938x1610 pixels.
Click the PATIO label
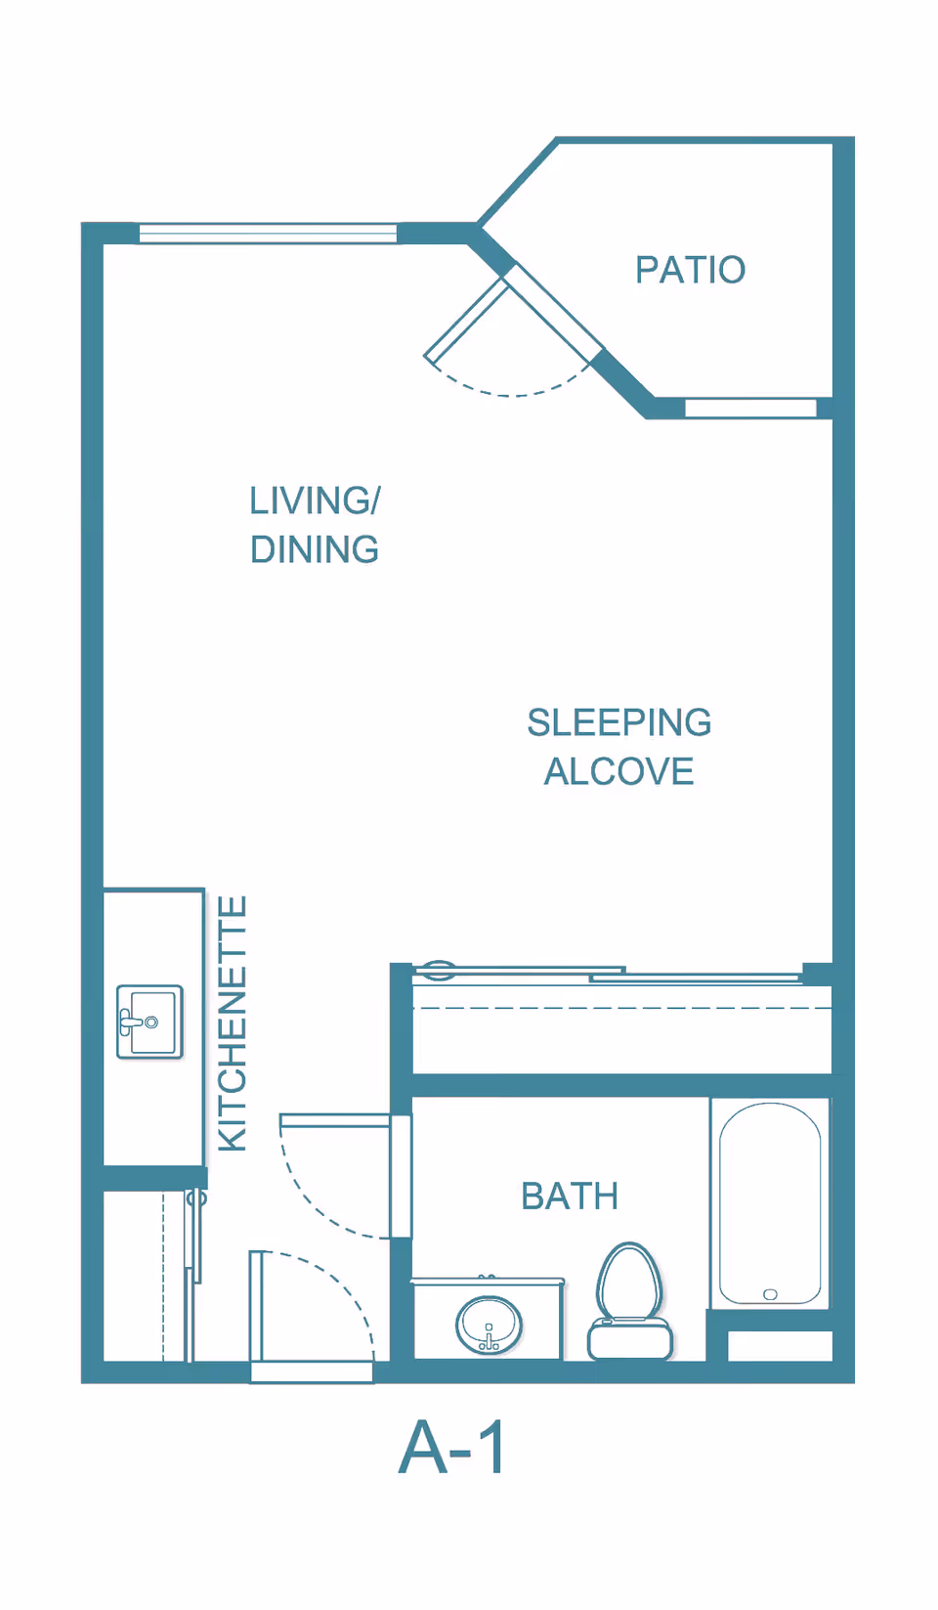point(690,270)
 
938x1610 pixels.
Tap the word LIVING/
point(315,500)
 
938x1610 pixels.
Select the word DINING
point(315,549)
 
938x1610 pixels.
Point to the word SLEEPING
point(619,723)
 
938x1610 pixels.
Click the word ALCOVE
point(619,772)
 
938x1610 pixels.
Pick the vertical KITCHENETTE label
point(233,1023)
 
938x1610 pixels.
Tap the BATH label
point(570,1197)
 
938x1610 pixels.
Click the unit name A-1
point(451,1448)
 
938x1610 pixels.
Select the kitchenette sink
point(149,1023)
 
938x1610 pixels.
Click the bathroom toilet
point(630,1302)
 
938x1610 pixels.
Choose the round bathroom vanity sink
point(489,1324)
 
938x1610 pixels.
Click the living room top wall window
point(268,234)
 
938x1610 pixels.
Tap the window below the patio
point(750,409)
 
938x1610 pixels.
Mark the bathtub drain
point(770,1294)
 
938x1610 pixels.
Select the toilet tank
point(630,1340)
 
